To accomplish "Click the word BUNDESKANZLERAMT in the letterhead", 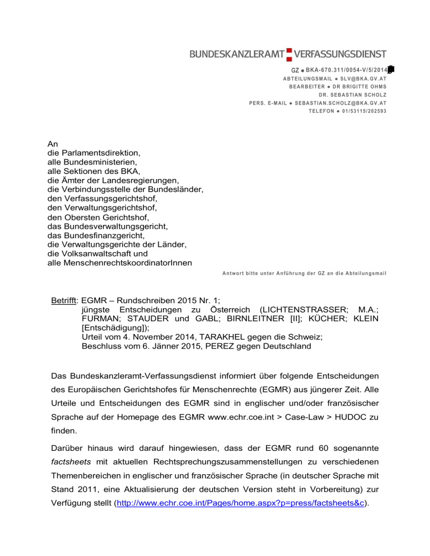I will coord(237,54).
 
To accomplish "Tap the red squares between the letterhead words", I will coord(289,54).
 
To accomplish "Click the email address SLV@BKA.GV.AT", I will coord(363,79).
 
